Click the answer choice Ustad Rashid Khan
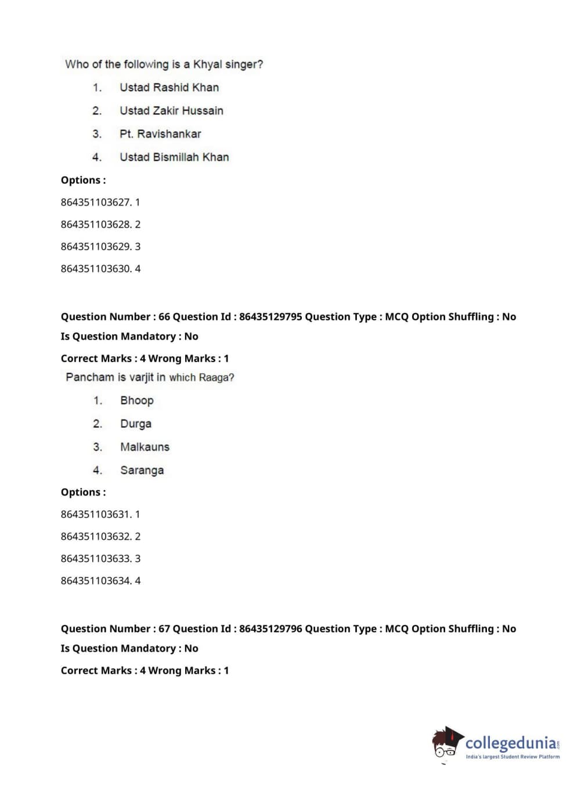[169, 88]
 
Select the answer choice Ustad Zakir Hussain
[171, 111]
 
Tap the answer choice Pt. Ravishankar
[160, 134]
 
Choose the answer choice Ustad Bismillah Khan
[174, 157]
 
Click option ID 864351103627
[96, 203]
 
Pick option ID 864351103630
[96, 269]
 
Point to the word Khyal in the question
[207, 64]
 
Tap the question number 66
[164, 317]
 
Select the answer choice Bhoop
[137, 400]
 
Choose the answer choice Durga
[136, 424]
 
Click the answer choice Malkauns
[145, 447]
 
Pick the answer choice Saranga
[142, 470]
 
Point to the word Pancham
[90, 377]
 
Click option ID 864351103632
[96, 537]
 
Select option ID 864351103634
[96, 581]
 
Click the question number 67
[164, 629]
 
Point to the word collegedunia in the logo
[510, 743]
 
